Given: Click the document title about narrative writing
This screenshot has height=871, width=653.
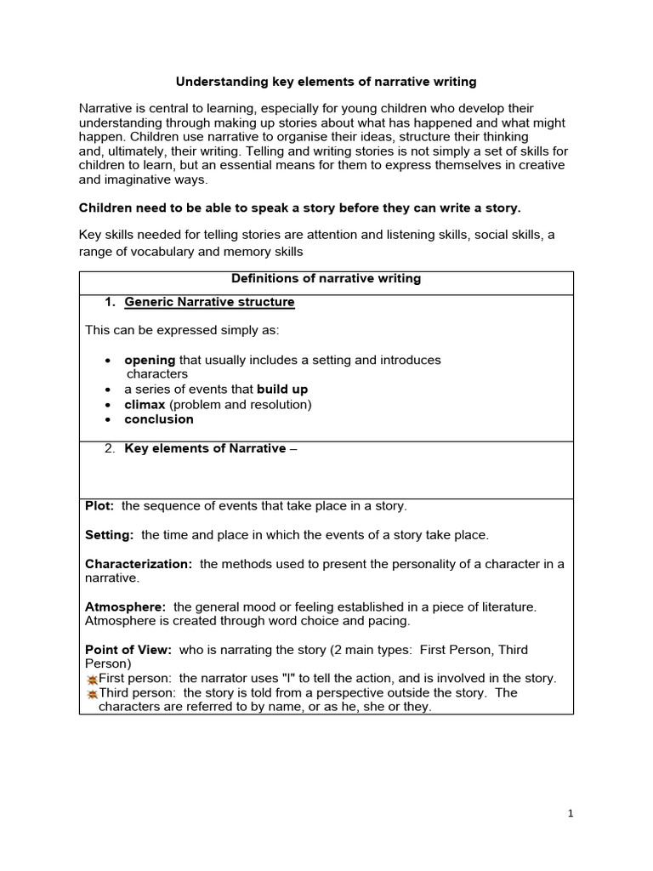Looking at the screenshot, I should click(x=326, y=83).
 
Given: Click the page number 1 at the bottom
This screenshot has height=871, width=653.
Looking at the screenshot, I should click(x=571, y=813).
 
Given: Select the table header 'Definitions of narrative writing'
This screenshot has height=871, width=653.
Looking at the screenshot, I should click(x=326, y=279).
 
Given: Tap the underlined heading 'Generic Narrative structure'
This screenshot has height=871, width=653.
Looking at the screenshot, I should click(x=209, y=302).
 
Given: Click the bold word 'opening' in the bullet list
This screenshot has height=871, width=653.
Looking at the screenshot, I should click(x=150, y=360).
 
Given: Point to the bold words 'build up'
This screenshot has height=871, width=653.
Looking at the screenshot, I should click(x=282, y=390).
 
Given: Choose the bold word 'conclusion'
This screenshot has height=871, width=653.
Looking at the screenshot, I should click(x=159, y=419).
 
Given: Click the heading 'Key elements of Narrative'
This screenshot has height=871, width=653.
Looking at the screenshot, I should click(x=205, y=449).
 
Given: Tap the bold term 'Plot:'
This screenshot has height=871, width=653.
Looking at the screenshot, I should click(x=100, y=506).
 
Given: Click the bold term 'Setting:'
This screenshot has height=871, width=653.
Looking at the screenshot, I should click(x=110, y=535).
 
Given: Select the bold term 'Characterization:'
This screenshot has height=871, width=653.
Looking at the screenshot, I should click(x=139, y=564).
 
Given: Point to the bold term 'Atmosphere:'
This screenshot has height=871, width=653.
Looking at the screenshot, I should click(x=126, y=606).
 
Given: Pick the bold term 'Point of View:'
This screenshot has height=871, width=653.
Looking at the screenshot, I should click(x=128, y=650).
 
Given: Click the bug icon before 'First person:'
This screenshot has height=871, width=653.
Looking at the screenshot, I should click(x=92, y=680).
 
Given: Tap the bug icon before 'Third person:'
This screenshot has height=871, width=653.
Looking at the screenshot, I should click(x=92, y=694).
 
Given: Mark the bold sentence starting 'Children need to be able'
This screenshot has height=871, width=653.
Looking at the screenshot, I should click(x=299, y=208).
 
